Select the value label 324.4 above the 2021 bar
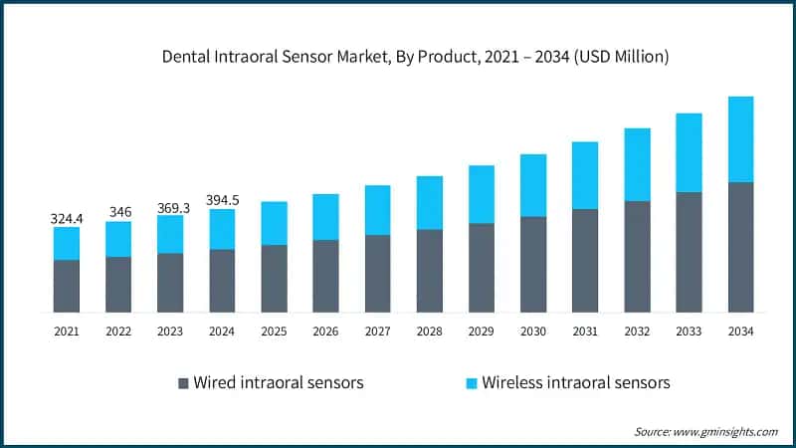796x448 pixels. pos(67,217)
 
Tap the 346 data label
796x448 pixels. pos(118,212)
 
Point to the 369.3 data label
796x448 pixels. pos(170,206)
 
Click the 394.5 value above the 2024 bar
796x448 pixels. pos(222,199)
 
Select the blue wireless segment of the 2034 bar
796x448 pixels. pos(740,139)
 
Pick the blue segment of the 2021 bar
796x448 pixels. pos(67,243)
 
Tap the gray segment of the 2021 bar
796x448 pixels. pos(67,286)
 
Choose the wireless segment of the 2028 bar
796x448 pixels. pos(429,203)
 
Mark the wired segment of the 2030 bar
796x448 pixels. pos(533,264)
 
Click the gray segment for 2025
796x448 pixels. pos(274,278)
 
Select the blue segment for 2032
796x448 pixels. pos(637,164)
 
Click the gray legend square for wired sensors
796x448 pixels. pos(182,383)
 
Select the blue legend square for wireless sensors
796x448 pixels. pos(472,383)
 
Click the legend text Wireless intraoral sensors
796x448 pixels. pos(576,382)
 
